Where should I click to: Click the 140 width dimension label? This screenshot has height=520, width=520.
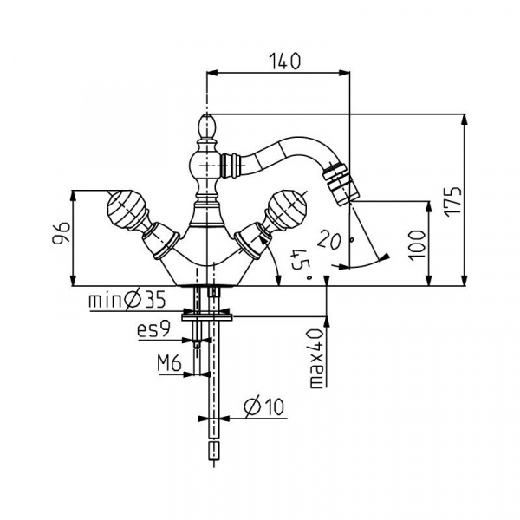pyautogui.click(x=283, y=61)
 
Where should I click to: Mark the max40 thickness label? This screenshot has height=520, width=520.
pyautogui.click(x=316, y=357)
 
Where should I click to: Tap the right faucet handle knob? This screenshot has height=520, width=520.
pyautogui.click(x=287, y=208)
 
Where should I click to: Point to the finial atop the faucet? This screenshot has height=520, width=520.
pyautogui.click(x=208, y=127)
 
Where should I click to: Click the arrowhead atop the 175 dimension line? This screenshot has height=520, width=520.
pyautogui.click(x=465, y=119)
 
